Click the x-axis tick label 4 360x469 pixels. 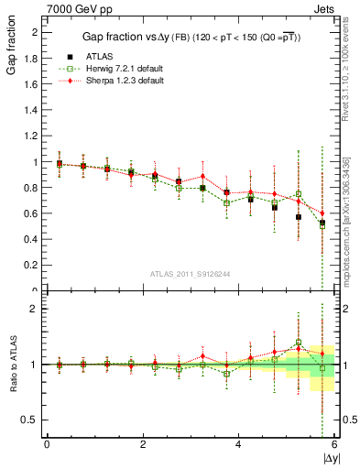[x=238, y=445]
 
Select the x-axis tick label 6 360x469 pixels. [x=334, y=445]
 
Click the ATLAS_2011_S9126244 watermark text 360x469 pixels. [x=191, y=273]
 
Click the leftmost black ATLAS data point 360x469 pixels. [x=60, y=164]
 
